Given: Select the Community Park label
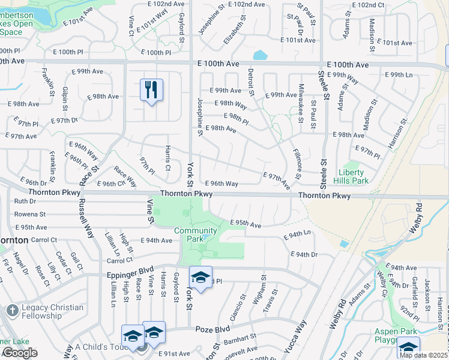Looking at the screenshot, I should [x=196, y=235].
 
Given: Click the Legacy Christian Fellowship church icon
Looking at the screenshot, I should [x=12, y=310].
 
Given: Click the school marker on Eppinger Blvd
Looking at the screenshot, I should [x=201, y=277].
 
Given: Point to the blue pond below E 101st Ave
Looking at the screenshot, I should [x=260, y=56].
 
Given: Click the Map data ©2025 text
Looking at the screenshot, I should [x=423, y=355].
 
